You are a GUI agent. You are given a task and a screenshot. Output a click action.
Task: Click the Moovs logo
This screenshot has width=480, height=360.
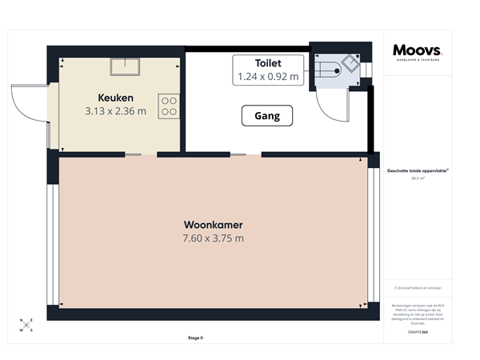point(417,50)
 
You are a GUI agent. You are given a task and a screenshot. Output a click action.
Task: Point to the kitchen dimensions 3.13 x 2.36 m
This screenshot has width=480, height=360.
point(115,111)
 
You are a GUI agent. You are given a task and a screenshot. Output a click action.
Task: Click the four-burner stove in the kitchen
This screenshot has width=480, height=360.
point(169,106)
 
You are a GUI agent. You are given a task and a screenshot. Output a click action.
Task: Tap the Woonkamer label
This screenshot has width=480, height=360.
point(213,225)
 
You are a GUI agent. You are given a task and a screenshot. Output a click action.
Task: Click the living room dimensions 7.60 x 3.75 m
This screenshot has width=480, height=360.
point(213,238)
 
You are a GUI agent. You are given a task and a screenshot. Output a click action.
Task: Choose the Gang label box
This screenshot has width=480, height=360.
point(266,116)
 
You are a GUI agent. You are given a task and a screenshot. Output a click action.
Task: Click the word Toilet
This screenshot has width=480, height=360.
point(268,62)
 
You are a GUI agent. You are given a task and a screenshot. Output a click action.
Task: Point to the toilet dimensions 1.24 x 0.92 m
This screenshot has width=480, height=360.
point(268,77)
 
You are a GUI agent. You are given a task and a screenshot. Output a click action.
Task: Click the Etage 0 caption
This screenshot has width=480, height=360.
point(194,338)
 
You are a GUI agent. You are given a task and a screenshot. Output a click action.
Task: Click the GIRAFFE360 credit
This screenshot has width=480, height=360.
point(417,330)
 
